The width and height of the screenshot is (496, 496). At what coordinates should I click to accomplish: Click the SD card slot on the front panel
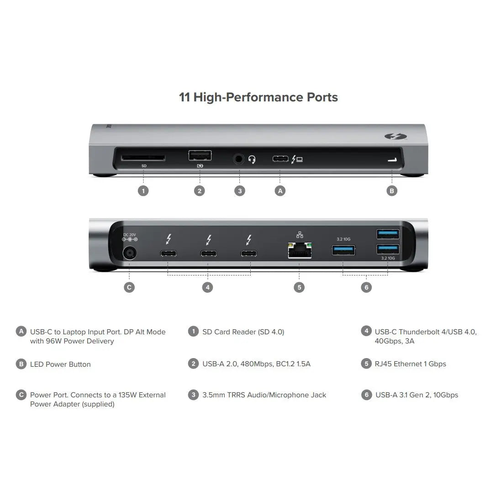click(143, 158)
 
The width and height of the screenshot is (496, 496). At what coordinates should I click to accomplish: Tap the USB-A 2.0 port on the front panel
click(200, 155)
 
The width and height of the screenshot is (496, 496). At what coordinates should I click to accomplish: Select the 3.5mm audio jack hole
click(239, 159)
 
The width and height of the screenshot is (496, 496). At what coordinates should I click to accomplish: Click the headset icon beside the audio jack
click(252, 159)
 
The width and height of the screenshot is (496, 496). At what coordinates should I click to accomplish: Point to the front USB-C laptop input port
click(280, 159)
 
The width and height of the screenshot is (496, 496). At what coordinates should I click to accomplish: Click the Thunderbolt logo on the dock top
click(392, 136)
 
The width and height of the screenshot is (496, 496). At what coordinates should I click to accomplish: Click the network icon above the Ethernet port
click(300, 235)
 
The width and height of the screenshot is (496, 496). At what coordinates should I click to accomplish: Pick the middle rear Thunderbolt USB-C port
click(208, 253)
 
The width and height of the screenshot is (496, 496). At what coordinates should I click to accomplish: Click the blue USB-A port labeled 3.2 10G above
click(344, 250)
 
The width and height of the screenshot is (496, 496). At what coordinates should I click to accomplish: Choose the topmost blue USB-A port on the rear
click(388, 234)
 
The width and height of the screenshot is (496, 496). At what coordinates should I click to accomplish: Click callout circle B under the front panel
click(392, 191)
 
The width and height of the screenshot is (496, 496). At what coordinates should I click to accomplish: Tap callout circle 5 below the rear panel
click(299, 287)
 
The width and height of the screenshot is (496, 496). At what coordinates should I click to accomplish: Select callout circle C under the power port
click(129, 287)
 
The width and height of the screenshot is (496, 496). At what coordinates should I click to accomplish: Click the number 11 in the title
click(185, 97)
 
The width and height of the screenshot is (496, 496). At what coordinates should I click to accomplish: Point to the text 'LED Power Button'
click(60, 364)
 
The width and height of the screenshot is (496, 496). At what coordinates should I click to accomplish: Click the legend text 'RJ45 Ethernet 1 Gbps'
click(410, 364)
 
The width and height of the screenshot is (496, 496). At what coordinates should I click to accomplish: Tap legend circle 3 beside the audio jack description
click(193, 395)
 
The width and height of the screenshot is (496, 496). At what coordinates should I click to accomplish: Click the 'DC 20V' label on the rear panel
click(130, 234)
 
